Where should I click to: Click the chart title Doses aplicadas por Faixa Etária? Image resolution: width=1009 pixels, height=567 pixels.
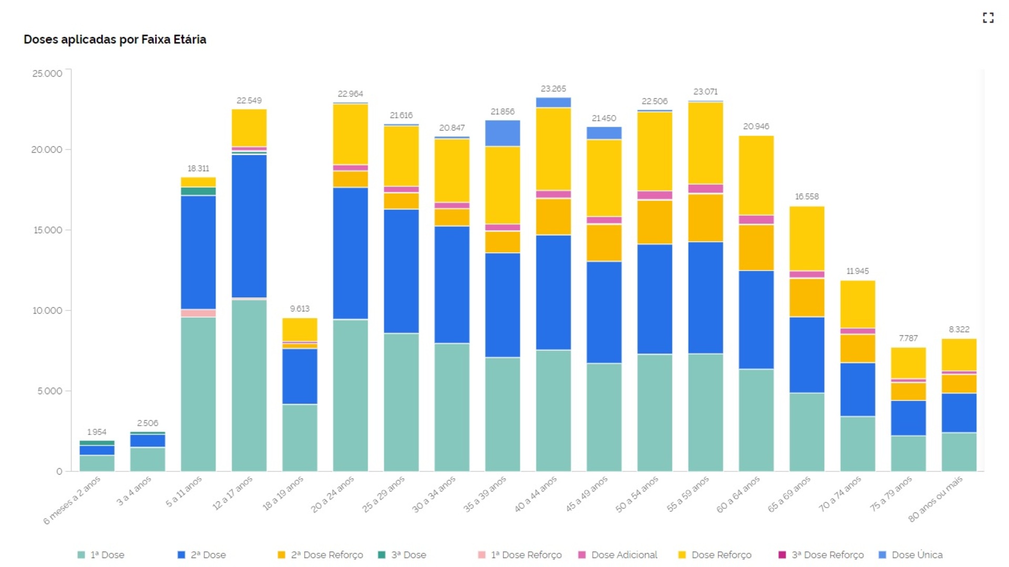tap(115, 39)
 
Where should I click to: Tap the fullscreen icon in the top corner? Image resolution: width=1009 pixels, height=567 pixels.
tap(988, 18)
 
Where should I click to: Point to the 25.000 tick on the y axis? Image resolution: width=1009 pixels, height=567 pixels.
tap(47, 74)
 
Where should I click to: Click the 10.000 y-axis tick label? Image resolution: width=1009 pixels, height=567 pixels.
tap(47, 311)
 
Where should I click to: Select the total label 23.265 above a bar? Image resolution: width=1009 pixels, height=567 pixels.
tap(553, 89)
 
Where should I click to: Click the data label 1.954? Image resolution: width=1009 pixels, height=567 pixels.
tap(97, 432)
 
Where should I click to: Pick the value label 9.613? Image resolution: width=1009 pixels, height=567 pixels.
tap(300, 308)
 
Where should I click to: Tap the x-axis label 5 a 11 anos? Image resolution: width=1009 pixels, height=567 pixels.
tap(184, 492)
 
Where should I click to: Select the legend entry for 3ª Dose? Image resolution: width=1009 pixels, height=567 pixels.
tap(403, 555)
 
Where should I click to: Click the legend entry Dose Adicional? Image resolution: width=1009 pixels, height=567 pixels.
tap(618, 555)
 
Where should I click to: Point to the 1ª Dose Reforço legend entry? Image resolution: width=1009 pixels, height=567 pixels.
tap(520, 555)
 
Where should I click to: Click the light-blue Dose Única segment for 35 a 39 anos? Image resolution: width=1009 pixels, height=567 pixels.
tap(502, 133)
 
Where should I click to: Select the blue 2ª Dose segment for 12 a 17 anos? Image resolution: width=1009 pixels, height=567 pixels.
tap(249, 226)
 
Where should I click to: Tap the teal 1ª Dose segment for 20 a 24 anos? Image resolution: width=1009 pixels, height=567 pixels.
tap(351, 394)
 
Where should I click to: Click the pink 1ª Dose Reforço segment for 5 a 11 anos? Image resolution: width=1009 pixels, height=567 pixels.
tap(198, 313)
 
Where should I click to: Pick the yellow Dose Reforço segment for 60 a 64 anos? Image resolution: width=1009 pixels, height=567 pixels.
tap(756, 176)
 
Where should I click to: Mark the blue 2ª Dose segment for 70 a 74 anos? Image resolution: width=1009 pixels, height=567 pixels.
tap(858, 389)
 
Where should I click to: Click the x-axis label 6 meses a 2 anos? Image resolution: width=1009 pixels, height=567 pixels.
tap(72, 500)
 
